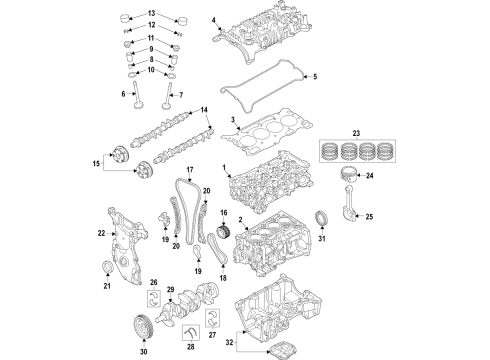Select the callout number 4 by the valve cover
click(x=212, y=20)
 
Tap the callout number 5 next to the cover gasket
click(x=312, y=77)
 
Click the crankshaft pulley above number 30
click(x=142, y=328)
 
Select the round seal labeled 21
click(x=108, y=264)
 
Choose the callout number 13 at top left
click(x=124, y=13)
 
